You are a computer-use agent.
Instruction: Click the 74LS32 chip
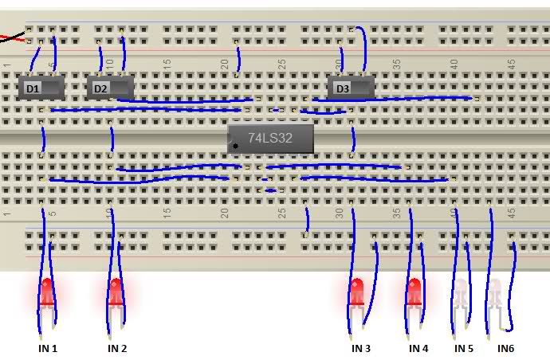pos(270,139)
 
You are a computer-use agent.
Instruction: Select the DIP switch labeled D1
pos(41,88)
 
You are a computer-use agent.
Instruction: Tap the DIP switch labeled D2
pos(110,88)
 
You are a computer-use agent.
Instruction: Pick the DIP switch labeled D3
pos(351,88)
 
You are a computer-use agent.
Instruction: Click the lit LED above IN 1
pos(47,292)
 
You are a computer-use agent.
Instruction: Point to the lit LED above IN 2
pos(116,292)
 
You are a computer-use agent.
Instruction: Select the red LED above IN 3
pos(357,292)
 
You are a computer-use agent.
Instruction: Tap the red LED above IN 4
pos(414,292)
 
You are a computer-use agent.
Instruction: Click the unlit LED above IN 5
pos(461,292)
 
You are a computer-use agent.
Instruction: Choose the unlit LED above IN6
pos(495,292)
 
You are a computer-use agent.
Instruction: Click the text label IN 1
pos(48,348)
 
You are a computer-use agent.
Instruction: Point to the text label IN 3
pos(361,348)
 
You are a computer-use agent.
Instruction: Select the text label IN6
pos(506,348)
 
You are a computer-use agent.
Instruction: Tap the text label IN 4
pos(418,348)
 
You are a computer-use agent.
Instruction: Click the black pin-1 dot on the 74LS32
pos(236,147)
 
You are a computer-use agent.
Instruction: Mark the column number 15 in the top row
pos(167,64)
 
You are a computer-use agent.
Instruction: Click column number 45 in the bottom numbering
pos(512,213)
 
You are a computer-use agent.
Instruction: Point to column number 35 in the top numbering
pos(396,64)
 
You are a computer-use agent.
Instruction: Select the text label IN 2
pos(117,348)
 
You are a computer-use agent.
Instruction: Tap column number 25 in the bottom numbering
pos(281,213)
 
